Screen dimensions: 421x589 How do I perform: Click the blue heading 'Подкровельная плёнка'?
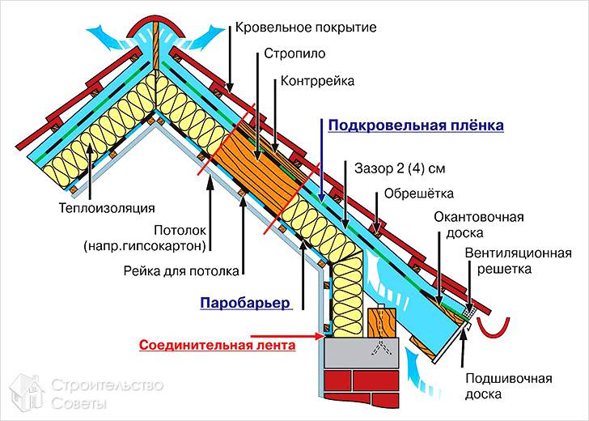[415, 125]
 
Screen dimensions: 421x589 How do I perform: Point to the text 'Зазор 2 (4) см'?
[400, 168]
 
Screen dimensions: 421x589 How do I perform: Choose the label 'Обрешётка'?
[419, 193]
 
